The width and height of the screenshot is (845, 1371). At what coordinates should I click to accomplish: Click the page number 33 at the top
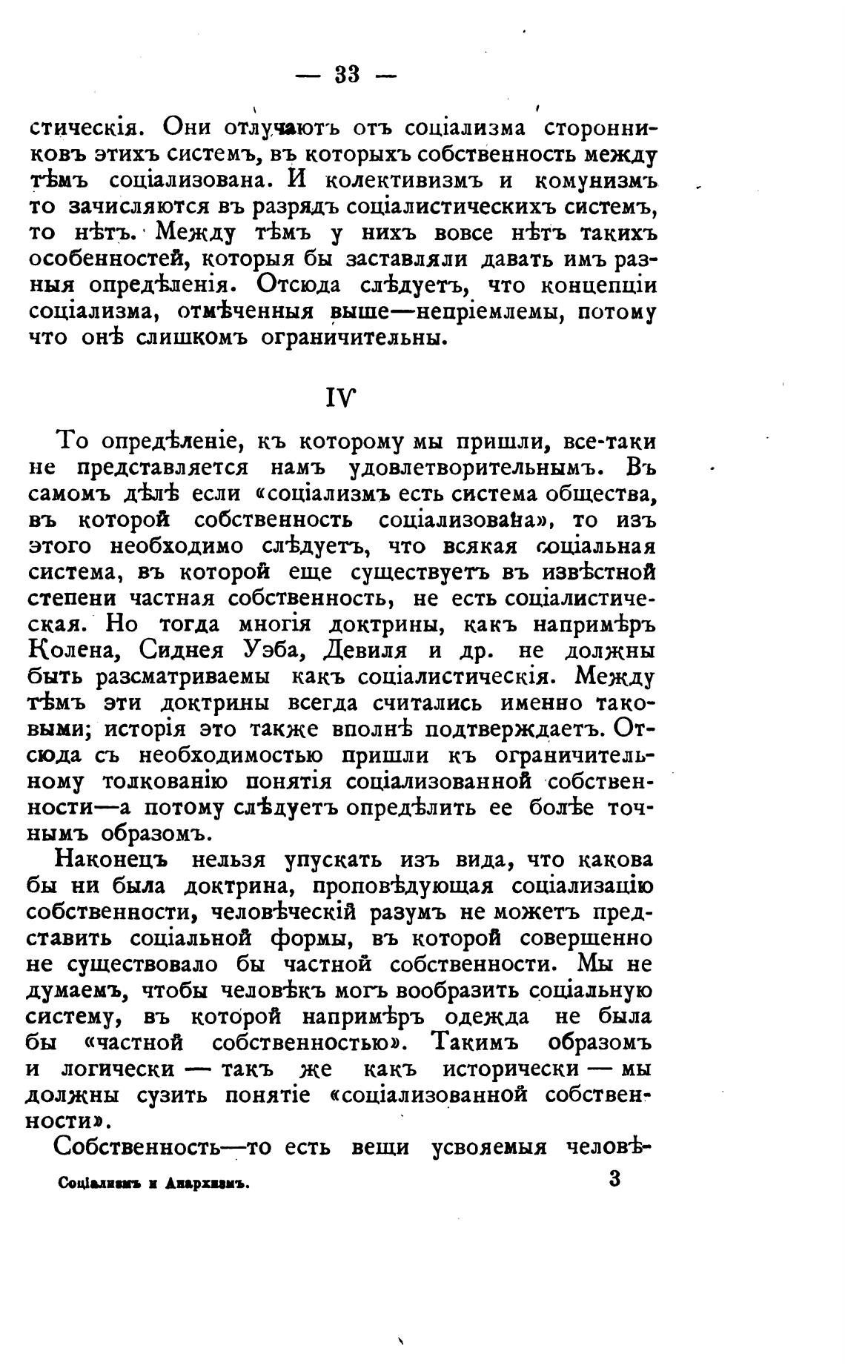click(x=347, y=74)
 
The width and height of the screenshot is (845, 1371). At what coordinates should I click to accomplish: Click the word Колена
click(x=73, y=651)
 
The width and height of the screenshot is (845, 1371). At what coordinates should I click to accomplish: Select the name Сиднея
click(x=180, y=651)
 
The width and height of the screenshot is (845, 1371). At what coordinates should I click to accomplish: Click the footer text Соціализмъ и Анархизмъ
click(x=152, y=1184)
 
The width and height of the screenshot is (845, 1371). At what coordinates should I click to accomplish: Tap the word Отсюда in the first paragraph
click(x=299, y=285)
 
